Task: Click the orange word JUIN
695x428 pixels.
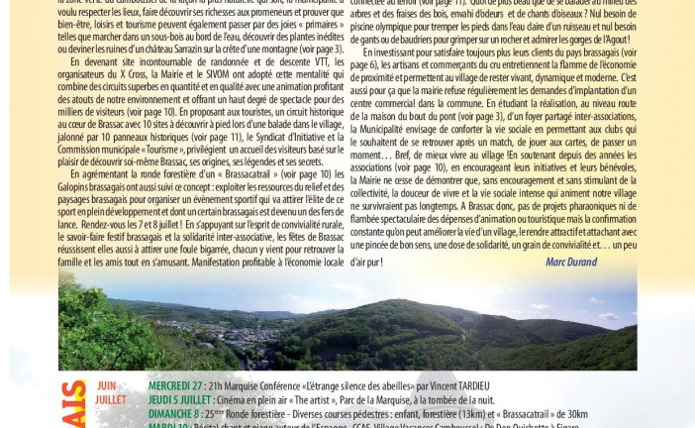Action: (x=106, y=385)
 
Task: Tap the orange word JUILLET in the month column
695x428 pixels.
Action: (x=111, y=399)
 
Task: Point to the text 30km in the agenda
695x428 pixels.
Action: (x=574, y=413)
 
